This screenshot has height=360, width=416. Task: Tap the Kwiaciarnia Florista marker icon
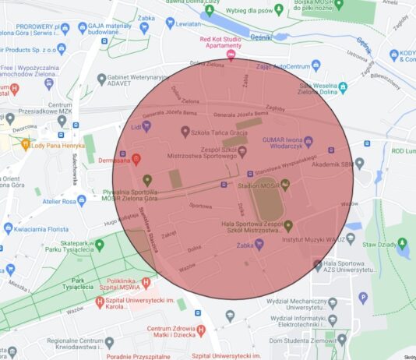click(9, 228)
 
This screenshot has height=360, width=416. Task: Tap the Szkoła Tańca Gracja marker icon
click(185, 132)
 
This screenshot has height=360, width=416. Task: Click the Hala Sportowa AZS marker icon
click(317, 265)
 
